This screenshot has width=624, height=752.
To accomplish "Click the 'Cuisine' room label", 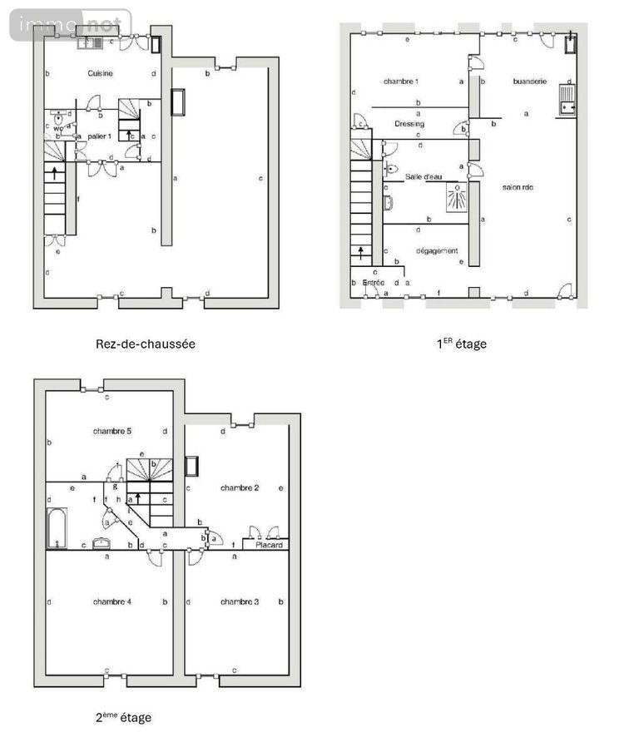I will [100, 74].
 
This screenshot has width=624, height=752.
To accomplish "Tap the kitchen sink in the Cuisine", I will [91, 42].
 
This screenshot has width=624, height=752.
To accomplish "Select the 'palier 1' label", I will [99, 136].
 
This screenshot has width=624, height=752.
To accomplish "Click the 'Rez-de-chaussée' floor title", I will [146, 343].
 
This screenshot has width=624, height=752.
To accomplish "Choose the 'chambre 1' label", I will [400, 82].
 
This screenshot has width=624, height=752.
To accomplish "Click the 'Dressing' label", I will [409, 124].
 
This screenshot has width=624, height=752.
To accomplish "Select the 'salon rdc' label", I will [518, 187].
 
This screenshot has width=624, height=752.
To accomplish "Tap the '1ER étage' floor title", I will [462, 343].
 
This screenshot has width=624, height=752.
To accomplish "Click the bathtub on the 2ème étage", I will [57, 528].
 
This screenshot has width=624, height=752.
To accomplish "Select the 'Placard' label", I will [269, 546].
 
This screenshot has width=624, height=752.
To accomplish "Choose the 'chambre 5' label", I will [112, 431].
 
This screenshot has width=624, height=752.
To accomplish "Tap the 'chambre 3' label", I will [239, 601].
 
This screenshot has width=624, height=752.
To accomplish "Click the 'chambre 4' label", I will [112, 601].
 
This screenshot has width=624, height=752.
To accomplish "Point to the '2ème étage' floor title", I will [123, 716].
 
